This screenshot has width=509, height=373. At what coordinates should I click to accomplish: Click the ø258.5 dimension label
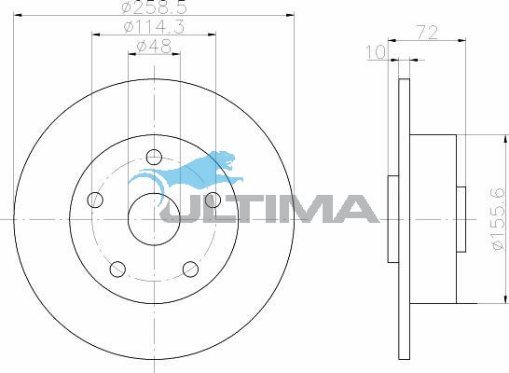click(x=155, y=7)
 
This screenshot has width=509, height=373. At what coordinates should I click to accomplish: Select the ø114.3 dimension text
click(x=154, y=27)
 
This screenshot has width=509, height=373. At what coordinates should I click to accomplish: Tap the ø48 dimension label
click(x=154, y=47)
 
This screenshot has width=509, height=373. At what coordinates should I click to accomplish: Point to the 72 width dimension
click(x=427, y=33)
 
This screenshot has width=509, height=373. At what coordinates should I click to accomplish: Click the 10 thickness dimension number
click(x=376, y=52)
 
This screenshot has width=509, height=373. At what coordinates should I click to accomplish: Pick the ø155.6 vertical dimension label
click(x=499, y=219)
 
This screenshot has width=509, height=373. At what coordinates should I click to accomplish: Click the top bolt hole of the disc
click(x=154, y=158)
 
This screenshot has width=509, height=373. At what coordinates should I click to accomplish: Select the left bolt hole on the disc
click(x=95, y=200)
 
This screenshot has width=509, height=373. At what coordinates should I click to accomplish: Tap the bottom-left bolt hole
click(x=117, y=269)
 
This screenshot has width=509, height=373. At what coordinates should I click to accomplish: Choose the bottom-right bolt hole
click(x=190, y=269)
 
